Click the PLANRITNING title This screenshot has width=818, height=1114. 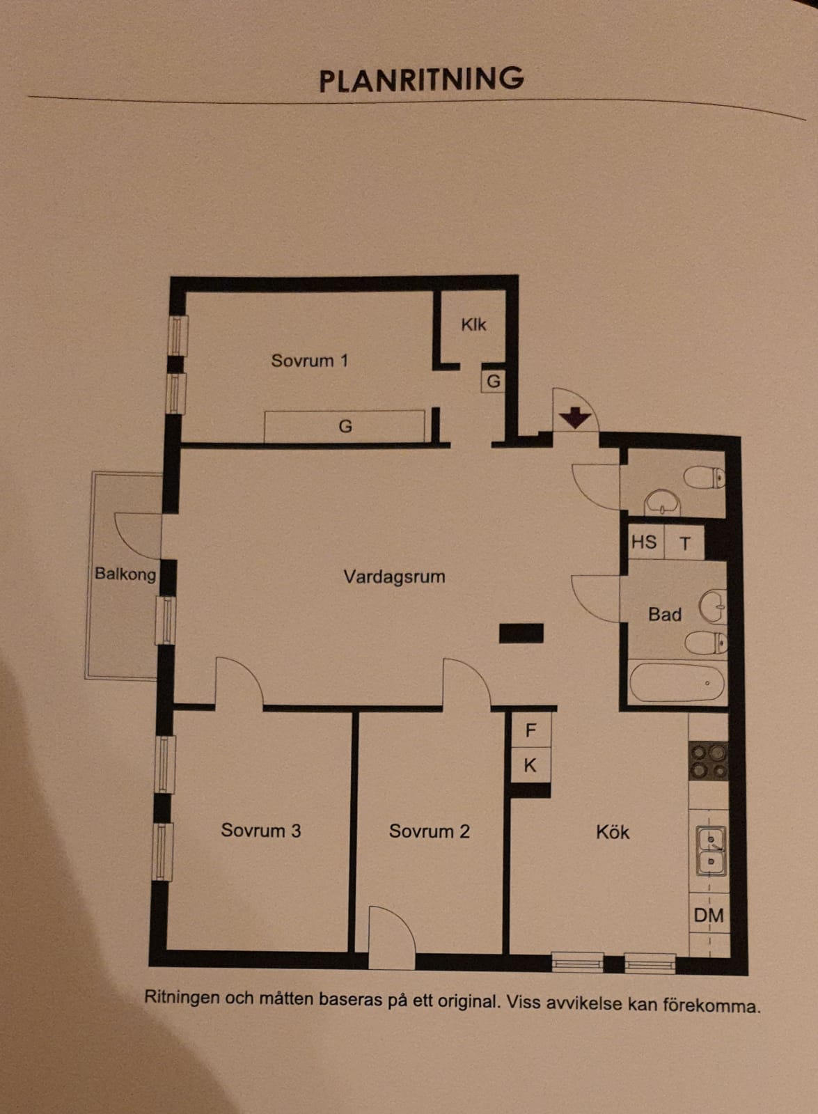click(x=421, y=79)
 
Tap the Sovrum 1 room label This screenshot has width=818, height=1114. click(x=309, y=361)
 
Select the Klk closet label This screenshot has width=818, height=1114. click(x=473, y=324)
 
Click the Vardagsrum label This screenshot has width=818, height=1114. click(x=394, y=577)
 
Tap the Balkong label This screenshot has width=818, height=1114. click(x=125, y=574)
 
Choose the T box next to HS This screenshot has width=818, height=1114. click(x=685, y=542)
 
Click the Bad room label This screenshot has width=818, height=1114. click(x=664, y=615)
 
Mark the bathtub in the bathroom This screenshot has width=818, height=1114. click(x=677, y=683)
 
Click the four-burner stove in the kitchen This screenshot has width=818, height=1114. click(x=708, y=760)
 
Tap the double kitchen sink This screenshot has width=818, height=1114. click(x=711, y=851)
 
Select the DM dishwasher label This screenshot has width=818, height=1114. click(x=709, y=915)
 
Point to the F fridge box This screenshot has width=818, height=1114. click(x=531, y=730)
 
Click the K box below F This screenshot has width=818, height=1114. click(x=531, y=765)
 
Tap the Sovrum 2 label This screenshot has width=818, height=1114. click(x=429, y=831)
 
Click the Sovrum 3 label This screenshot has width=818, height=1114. click(x=261, y=830)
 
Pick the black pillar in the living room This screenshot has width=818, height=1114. click(x=521, y=633)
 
